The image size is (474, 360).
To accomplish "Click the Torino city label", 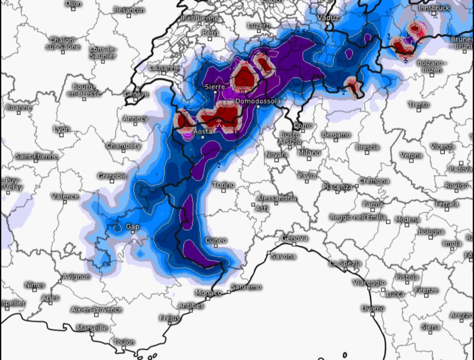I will pos(224,185).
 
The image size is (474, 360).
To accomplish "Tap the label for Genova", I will pos(294,238).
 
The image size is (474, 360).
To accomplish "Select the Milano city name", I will pos(309,153).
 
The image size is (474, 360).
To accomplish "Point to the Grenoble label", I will pos(112,176).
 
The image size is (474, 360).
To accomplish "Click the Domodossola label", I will pos(258,101).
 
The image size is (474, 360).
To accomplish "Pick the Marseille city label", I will pos(92,328).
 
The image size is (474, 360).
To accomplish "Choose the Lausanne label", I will pos(164,68).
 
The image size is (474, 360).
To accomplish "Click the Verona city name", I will pos(411,155).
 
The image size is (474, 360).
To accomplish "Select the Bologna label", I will pos(431,231).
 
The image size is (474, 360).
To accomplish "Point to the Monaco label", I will pos(208,292).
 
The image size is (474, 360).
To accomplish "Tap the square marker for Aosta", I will pos(203,137).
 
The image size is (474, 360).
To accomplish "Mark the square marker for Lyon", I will pos(61,135).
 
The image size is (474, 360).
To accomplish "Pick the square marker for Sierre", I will pos(215,93).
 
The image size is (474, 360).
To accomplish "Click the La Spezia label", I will pos(345,263).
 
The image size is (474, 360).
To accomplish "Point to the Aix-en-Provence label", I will pos(97,310).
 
